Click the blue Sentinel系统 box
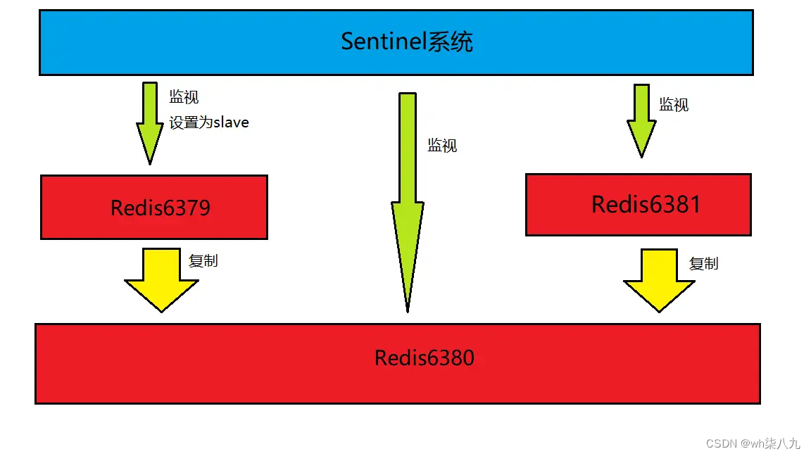(211, 42)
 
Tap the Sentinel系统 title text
(407, 42)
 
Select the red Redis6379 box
(70, 208)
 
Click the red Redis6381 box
(556, 204)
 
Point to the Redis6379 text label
(161, 208)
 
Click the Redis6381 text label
(646, 204)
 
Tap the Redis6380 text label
(424, 357)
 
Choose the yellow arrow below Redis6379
(161, 278)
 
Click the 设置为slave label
(209, 122)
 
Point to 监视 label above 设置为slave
(184, 97)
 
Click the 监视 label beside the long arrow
(442, 146)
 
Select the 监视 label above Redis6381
(674, 105)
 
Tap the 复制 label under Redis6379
(203, 260)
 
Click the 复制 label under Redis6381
(703, 264)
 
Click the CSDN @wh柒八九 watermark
(753, 443)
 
